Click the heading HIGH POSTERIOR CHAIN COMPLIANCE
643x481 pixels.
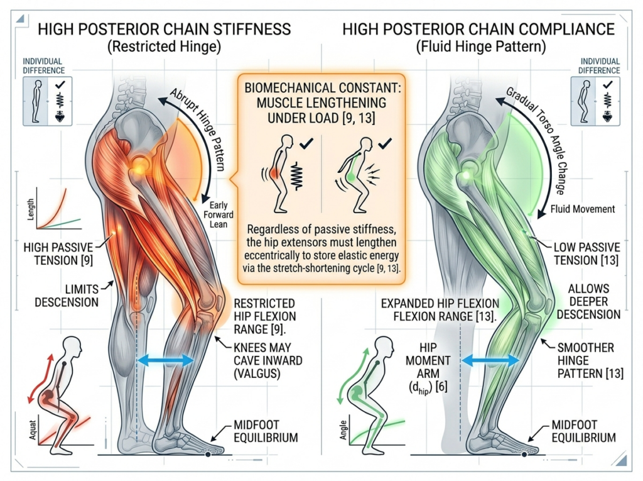click(478, 29)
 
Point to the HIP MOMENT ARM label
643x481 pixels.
click(435, 368)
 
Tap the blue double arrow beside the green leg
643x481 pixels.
click(490, 360)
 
